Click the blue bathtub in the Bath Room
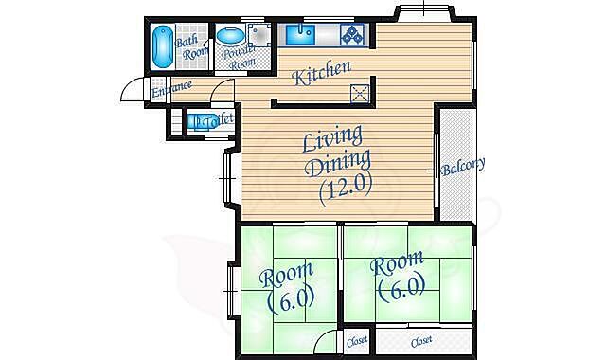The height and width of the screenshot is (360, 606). [162, 46]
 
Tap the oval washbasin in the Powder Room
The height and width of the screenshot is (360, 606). [231, 36]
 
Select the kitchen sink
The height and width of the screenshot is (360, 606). [300, 34]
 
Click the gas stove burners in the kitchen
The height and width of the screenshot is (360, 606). [352, 34]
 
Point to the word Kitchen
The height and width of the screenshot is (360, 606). [321, 73]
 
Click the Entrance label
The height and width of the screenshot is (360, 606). [171, 89]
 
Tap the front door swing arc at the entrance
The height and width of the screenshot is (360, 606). [131, 90]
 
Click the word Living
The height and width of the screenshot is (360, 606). [332, 138]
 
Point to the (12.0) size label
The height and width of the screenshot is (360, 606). [346, 189]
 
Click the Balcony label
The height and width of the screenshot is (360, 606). [463, 167]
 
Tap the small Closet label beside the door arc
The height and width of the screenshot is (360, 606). [356, 341]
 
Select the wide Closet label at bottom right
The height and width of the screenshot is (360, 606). [421, 341]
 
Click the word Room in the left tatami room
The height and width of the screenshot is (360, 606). [286, 275]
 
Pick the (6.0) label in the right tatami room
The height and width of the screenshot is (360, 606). [401, 288]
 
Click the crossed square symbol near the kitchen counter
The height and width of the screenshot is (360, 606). [360, 94]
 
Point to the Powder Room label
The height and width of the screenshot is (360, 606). [240, 58]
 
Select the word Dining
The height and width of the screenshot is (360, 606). [338, 163]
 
